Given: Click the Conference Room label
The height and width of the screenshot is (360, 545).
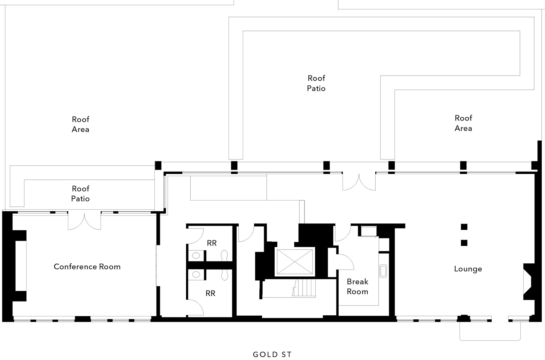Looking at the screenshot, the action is coord(87,267).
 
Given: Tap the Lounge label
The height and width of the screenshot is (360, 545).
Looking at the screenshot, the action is coord(468,269).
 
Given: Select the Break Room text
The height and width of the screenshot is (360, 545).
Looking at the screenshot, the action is coord(358,287).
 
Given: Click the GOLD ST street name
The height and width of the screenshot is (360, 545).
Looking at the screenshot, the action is coord(272,355).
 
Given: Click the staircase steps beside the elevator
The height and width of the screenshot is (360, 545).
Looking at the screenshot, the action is coord(304,288).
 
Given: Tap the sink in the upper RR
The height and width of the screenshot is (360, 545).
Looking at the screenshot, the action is coord(196,255).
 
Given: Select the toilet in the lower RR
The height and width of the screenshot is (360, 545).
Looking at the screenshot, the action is coord(224,275).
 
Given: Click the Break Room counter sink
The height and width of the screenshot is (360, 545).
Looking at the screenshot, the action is coord(383,271).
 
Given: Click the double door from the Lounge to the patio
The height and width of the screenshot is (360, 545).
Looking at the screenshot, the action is coord(359,182).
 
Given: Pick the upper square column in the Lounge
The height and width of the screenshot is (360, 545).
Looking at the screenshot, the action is coord(464,227).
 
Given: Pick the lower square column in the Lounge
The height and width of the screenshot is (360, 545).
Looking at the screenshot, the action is coord(464,243).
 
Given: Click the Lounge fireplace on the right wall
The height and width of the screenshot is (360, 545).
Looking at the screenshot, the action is coord(528,282).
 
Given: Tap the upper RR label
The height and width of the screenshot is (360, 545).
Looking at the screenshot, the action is coord(212,243).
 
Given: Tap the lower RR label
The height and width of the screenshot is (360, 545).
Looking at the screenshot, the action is coord(210,294).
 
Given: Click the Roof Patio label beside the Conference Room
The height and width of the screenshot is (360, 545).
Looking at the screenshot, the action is coord(81,194).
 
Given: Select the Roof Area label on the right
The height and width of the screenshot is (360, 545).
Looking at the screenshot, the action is coord(463,123).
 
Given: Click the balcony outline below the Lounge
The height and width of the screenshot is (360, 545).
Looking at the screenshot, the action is coord(490,340).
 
